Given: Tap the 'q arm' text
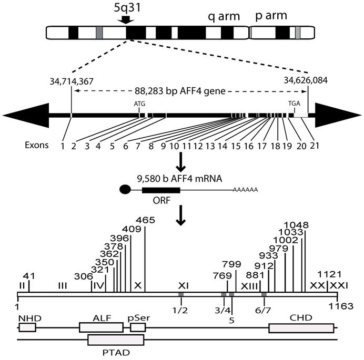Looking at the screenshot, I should click(x=224, y=17).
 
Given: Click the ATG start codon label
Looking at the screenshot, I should click(x=139, y=104).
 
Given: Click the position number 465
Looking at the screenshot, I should click(x=145, y=220).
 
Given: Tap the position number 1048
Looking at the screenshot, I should click(x=299, y=225).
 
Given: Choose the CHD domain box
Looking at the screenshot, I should click(x=301, y=327).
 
